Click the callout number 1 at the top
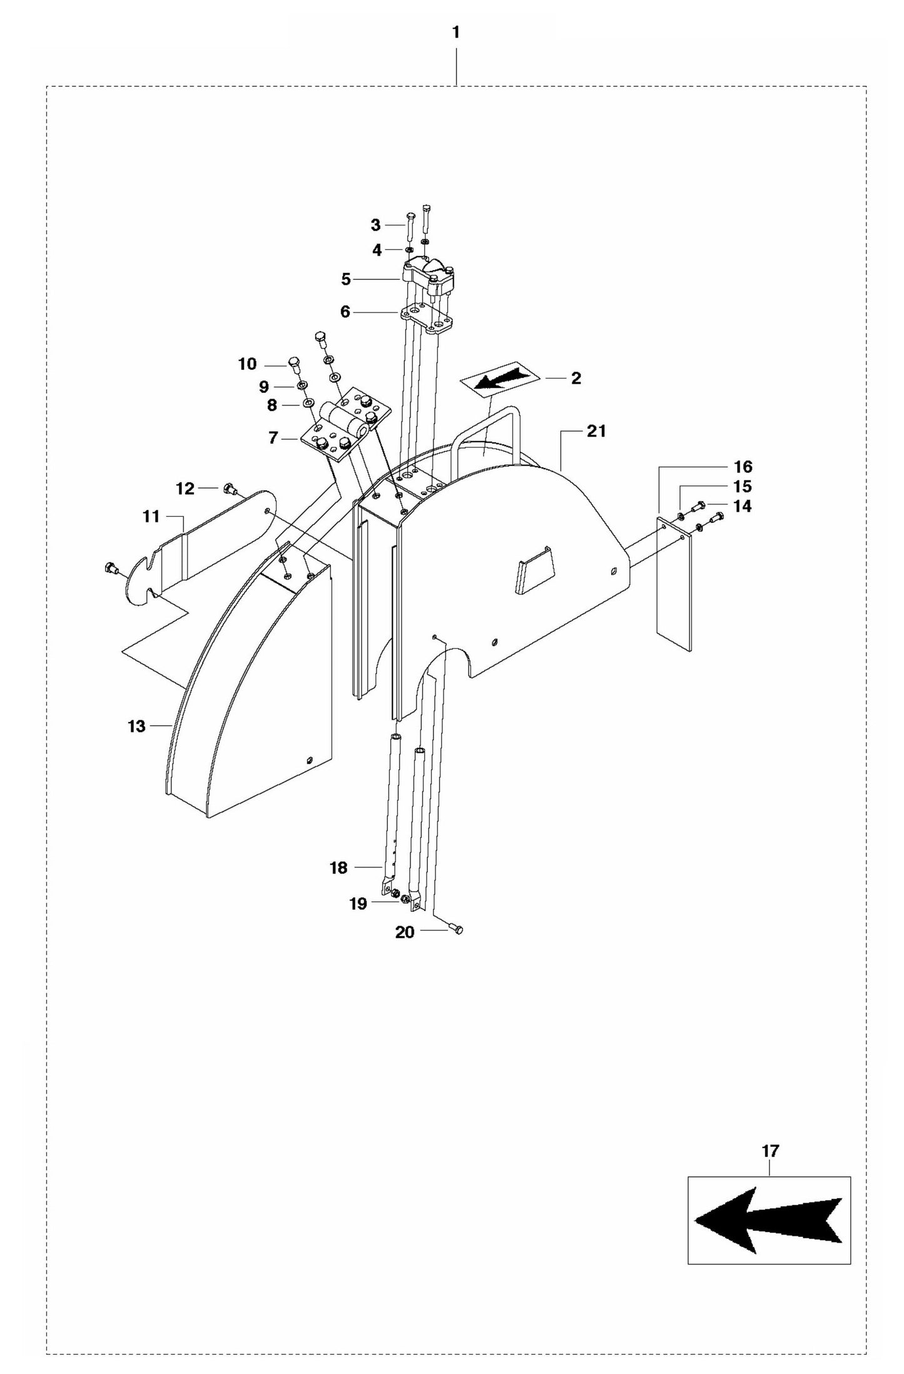pos(456,33)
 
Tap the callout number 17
pos(770,1150)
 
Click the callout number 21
pos(596,431)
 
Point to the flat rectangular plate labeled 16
pos(674,585)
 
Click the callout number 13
pos(136,726)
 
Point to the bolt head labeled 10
pos(293,362)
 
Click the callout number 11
pos(151,516)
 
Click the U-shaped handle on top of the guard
pos(487,432)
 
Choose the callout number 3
pos(375,225)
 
